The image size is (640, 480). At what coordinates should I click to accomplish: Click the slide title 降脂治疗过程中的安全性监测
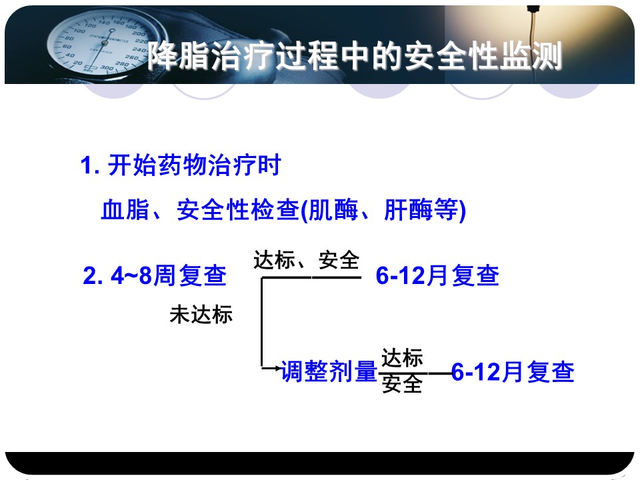[x=354, y=56]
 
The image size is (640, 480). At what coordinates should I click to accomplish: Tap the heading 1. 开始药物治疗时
[x=181, y=165]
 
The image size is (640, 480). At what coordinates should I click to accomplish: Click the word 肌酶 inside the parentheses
[x=333, y=210]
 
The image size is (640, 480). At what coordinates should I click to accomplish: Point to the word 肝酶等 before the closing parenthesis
[x=421, y=210]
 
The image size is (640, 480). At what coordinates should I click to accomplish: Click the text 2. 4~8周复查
[x=155, y=275]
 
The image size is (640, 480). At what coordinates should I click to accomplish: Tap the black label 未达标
[x=201, y=315]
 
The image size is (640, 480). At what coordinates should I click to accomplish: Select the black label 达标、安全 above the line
[x=306, y=261]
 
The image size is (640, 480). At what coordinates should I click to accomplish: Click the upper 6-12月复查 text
[x=437, y=275]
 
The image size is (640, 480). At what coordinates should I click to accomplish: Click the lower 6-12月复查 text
[x=513, y=372]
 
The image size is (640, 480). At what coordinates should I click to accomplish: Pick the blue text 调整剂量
[x=329, y=371]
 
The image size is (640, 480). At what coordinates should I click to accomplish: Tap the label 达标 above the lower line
[x=402, y=358]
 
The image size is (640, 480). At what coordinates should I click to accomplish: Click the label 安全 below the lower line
[x=402, y=384]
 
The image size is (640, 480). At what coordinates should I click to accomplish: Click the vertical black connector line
[x=261, y=323]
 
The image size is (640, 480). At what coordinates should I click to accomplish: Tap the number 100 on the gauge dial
[x=79, y=31]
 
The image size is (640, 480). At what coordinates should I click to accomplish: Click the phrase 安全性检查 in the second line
[x=239, y=210]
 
